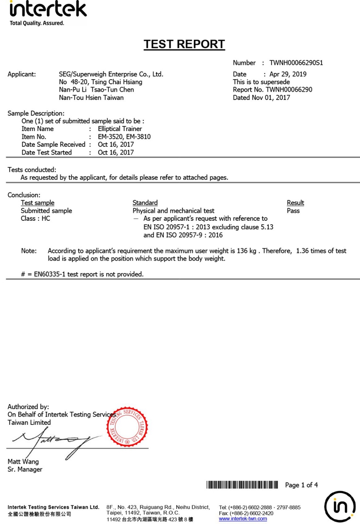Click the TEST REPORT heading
pos(184,45)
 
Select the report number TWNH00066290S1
pos(299,63)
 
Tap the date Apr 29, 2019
pos(288,74)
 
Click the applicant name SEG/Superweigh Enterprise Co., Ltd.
pos(111,74)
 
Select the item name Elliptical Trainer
pos(120,129)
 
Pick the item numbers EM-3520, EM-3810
pos(124,137)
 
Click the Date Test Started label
pos(47,153)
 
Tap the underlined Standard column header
pos(145,203)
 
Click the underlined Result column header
pos(295,203)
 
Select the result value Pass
pos(293,211)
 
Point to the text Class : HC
pos(35,218)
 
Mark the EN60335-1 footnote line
pos(82,274)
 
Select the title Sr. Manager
pos(25,469)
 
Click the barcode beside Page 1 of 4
pos(242,485)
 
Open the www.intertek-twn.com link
pos(243,519)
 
